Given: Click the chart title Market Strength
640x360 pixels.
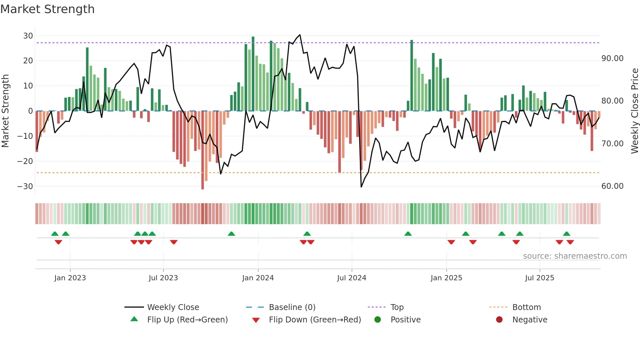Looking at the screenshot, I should [47, 9].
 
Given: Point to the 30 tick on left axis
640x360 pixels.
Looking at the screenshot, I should [28, 36].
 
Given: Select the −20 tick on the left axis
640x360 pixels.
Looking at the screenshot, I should [25, 161].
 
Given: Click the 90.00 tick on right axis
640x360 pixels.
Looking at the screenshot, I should [612, 58].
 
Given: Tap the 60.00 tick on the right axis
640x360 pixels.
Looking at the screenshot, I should [612, 186].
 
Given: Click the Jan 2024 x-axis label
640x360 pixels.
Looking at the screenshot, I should [258, 278].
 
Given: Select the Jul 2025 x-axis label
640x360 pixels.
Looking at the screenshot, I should [539, 278].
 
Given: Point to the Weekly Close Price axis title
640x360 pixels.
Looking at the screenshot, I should [634, 111].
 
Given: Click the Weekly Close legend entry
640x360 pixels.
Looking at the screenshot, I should [173, 307].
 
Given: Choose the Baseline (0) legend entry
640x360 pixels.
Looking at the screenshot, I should [292, 307].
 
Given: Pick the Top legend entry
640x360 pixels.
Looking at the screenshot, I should [397, 307].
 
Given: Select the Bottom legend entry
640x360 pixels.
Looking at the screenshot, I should [526, 307].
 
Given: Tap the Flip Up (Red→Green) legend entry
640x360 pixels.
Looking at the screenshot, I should [187, 320].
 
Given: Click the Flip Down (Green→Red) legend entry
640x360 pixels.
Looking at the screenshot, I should [315, 320].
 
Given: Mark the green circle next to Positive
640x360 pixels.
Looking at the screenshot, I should [378, 320].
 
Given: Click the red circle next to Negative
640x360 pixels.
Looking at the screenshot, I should [499, 320].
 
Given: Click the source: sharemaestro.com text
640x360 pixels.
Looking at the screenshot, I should [575, 256].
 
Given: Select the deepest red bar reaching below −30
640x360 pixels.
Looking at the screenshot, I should [202, 150].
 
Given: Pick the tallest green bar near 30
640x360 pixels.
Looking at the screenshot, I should [253, 74].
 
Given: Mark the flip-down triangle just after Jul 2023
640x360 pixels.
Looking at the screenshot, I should [174, 242].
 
